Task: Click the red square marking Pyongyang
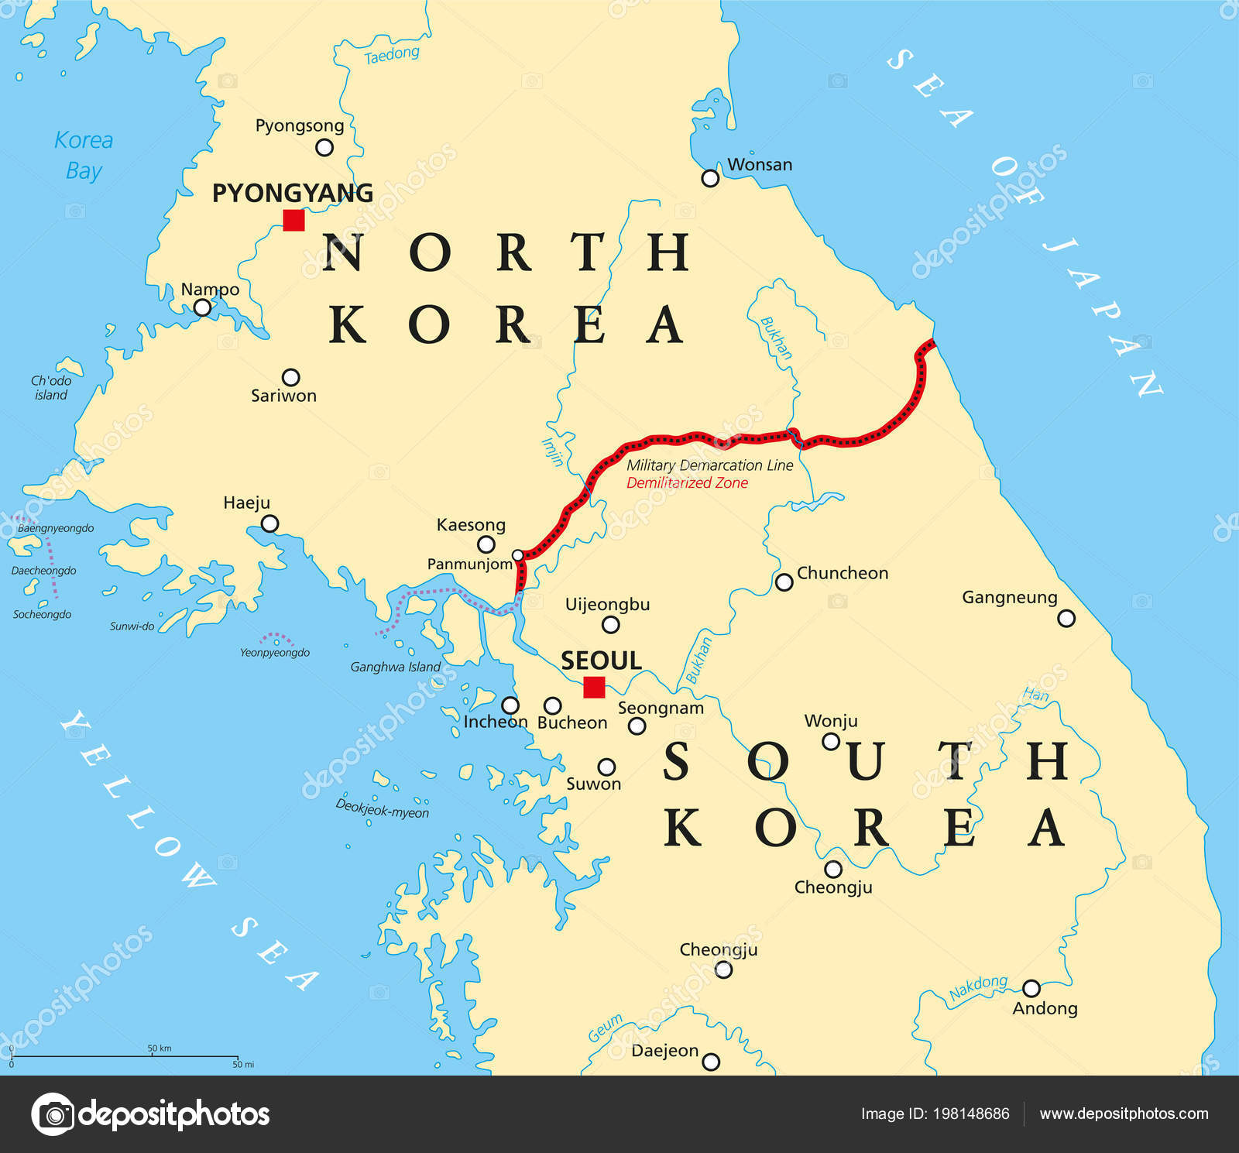point(293,221)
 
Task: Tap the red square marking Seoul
point(594,688)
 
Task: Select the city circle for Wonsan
point(710,178)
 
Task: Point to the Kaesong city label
point(471,525)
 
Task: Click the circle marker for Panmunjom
point(518,555)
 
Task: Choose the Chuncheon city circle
point(784,582)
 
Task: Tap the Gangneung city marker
point(1066,618)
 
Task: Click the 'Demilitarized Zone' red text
point(687,483)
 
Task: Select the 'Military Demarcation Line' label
point(709,465)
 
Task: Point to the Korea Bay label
point(84,155)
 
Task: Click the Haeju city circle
point(269,524)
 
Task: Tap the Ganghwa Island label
point(395,667)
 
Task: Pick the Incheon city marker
point(510,705)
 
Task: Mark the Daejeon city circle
point(710,1062)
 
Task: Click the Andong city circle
point(1031,988)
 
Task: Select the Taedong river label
point(391,55)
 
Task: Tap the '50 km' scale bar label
point(160,1048)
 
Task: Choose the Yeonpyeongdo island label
point(275,653)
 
